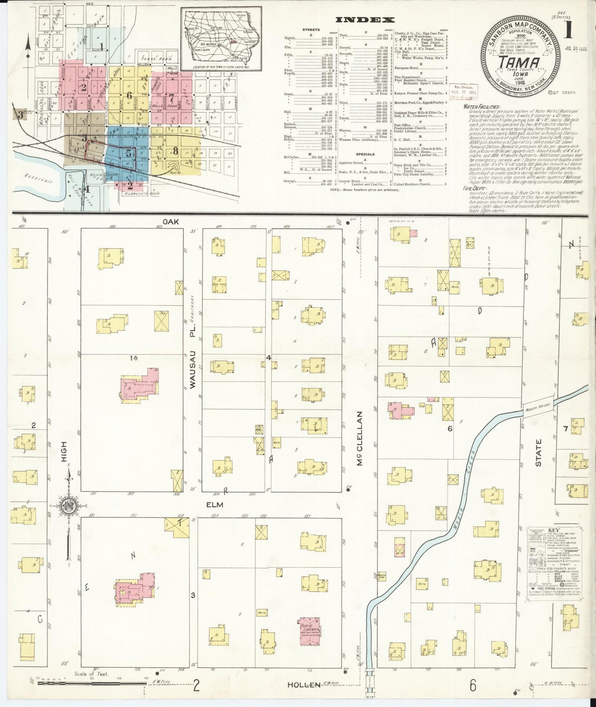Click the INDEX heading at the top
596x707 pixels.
coord(365,19)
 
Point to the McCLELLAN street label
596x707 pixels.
coord(360,438)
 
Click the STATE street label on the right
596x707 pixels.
coord(538,452)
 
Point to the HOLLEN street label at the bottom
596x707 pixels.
coord(304,685)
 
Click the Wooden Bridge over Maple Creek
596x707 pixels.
coord(538,407)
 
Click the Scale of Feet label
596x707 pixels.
coord(91,674)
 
